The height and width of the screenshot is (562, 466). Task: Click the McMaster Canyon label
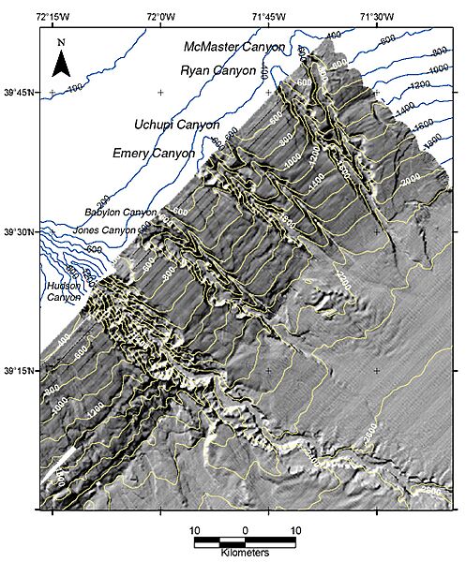[x=233, y=47]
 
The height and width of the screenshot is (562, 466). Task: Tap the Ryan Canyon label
[x=218, y=70]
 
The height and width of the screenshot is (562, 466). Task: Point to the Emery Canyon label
[x=153, y=153]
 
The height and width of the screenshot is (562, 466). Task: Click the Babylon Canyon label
[x=120, y=213]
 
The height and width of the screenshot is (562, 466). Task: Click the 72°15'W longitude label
[x=53, y=16]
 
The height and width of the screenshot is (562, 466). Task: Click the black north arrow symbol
[x=60, y=65]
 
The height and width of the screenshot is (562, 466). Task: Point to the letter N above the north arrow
[x=60, y=43]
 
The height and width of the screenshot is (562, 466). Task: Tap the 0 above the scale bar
[x=246, y=530]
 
